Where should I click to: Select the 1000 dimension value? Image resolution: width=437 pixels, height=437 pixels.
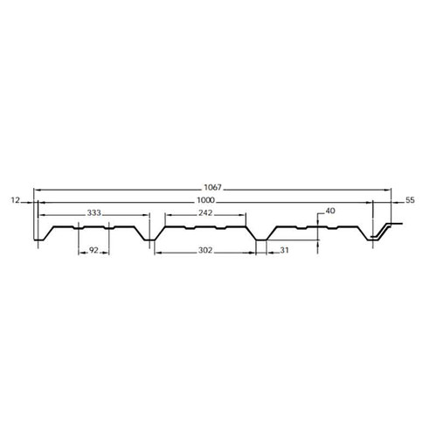tap(208, 201)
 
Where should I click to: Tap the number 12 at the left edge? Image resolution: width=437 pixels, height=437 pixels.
tap(15, 201)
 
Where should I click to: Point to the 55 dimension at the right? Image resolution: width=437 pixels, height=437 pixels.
tap(410, 201)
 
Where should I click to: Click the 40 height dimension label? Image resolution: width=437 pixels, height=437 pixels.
tap(329, 211)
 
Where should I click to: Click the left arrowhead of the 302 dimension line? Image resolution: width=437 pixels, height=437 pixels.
tap(152, 251)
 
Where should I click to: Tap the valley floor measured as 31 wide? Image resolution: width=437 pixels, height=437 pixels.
tap(260, 239)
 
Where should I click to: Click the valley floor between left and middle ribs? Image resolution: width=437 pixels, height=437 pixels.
tap(149, 239)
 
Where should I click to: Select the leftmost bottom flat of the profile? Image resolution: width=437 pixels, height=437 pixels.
tap(38, 239)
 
